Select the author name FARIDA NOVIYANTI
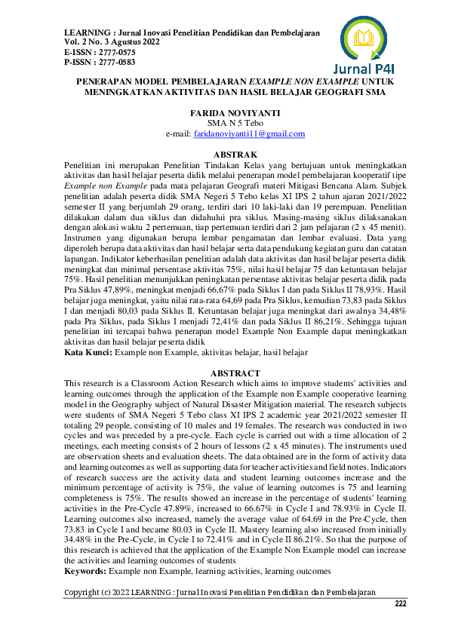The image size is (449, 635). pyautogui.click(x=224, y=111)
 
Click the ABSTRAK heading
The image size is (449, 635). pyautogui.click(x=225, y=154)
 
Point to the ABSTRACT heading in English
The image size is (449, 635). pyautogui.click(x=225, y=373)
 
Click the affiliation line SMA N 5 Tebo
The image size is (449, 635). pyautogui.click(x=224, y=122)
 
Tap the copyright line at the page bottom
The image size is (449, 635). pyautogui.click(x=220, y=593)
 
